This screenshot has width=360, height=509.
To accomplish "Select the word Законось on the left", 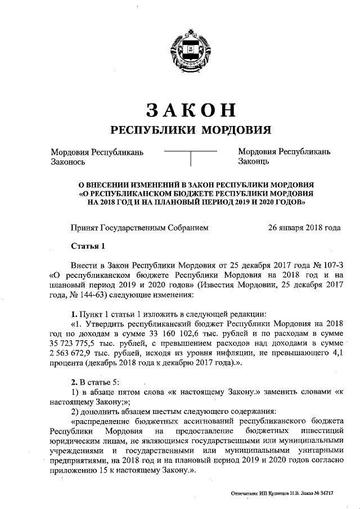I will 67,161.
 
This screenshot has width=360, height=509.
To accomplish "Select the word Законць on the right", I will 254,161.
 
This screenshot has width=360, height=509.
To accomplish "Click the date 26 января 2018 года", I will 304,228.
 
